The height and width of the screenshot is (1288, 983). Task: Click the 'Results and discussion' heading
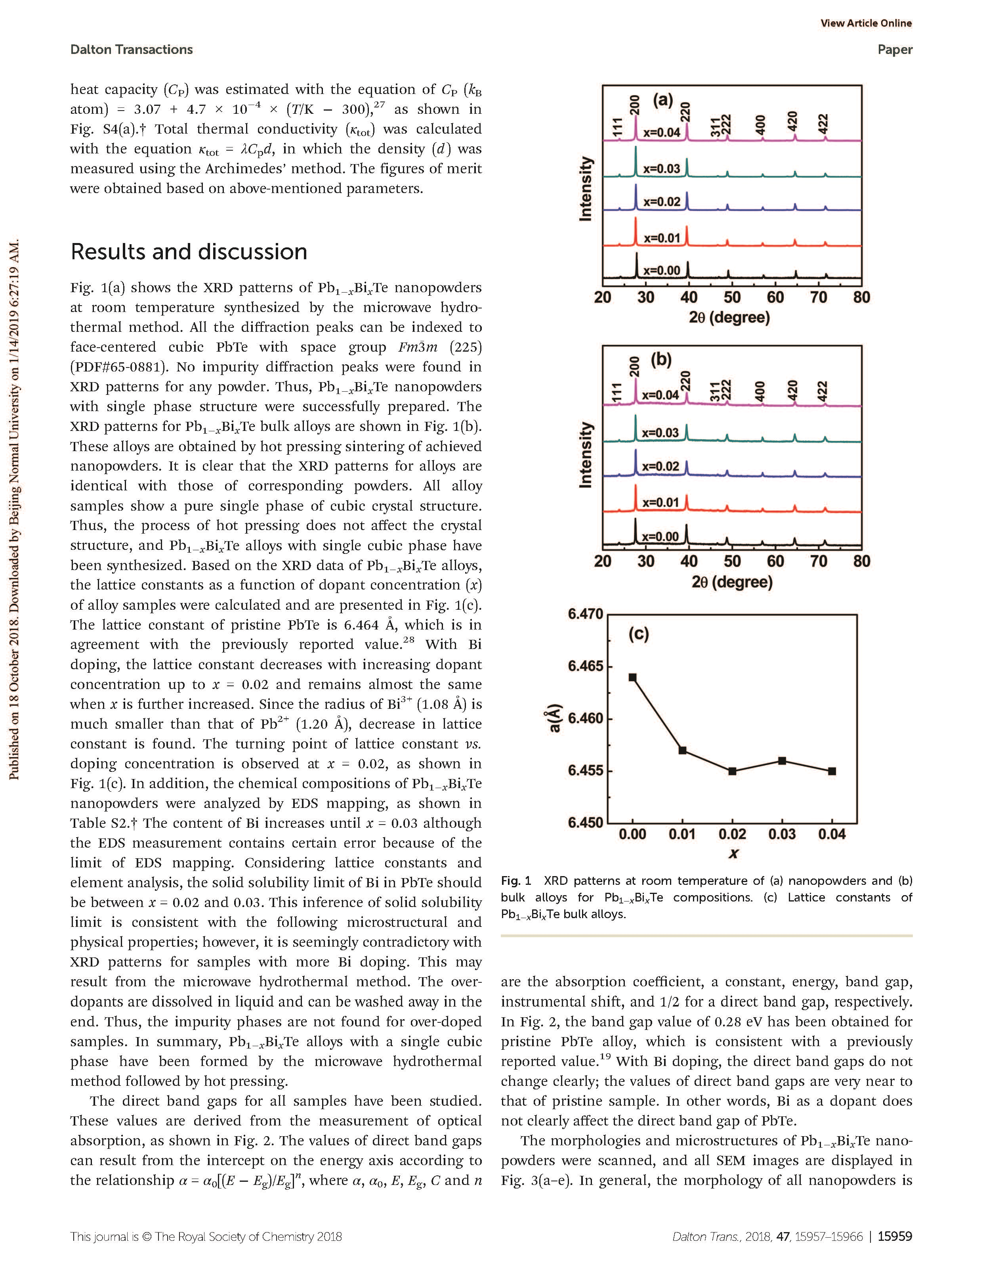coord(189,252)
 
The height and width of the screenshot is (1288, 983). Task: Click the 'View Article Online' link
coord(865,23)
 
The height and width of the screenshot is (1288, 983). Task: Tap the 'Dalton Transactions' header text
coord(131,50)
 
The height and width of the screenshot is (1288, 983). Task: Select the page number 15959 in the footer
coord(895,1236)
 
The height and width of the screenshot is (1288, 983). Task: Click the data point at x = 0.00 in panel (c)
coord(632,677)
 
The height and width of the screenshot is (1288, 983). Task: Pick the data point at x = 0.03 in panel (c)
coord(782,760)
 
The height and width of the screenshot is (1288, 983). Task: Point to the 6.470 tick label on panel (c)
coord(585,614)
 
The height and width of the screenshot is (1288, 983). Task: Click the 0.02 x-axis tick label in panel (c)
coord(732,834)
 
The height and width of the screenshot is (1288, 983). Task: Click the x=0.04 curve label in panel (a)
coord(662,132)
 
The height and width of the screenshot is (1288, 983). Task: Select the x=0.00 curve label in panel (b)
coord(660,537)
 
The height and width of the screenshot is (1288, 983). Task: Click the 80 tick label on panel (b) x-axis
coord(861,561)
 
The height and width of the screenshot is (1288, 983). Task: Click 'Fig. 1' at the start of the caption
coord(515,880)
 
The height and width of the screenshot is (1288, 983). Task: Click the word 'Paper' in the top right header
coord(895,50)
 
